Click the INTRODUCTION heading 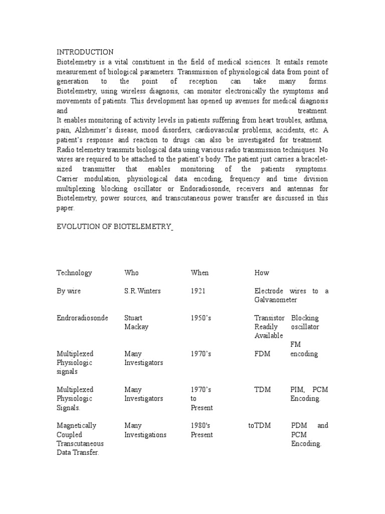click(85, 52)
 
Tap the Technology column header click(74, 273)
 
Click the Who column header click(131, 273)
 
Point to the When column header click(200, 273)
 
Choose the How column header click(262, 273)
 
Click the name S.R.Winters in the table click(143, 291)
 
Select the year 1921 click(198, 291)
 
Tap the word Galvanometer click(276, 300)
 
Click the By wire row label click(69, 291)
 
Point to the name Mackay click(136, 327)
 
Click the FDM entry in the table click(262, 354)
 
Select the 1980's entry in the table click(201, 426)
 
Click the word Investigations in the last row click(145, 435)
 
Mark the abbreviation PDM click(300, 426)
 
